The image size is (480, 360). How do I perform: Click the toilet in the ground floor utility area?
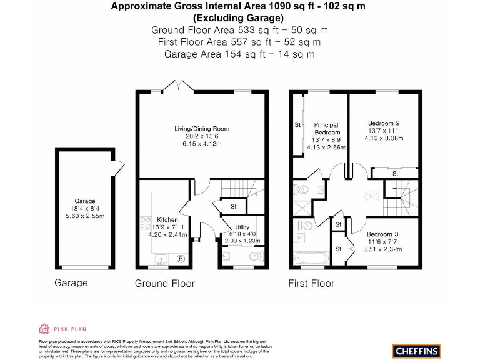tap(254, 256)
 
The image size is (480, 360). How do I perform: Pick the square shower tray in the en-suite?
tap(301, 207)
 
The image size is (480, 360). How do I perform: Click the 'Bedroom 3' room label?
tap(382, 234)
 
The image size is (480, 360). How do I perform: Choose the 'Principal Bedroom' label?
tap(327, 129)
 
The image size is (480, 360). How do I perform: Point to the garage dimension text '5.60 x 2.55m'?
tap(84, 216)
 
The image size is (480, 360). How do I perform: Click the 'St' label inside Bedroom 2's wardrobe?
tap(395, 174)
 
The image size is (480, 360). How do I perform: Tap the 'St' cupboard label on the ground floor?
tap(233, 206)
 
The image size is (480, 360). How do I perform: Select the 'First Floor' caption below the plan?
tap(311, 283)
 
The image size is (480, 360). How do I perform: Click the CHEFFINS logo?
tap(417, 351)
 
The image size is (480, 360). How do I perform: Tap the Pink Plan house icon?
tap(44, 329)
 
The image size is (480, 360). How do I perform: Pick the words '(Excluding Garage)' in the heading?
tap(240, 18)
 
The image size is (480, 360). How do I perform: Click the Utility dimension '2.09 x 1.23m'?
tap(242, 241)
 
